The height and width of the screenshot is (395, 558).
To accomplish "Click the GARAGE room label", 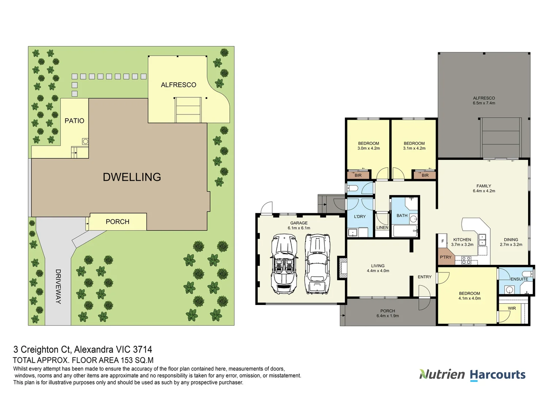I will [299, 223].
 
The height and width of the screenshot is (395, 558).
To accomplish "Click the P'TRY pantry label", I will [445, 257].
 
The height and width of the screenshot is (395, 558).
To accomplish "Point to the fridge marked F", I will [443, 241].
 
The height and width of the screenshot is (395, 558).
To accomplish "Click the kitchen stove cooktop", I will [466, 260].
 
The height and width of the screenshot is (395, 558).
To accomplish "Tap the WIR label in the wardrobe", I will [512, 308].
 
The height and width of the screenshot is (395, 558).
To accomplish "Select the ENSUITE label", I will [519, 279].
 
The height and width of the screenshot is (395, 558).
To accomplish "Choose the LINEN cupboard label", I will [382, 227].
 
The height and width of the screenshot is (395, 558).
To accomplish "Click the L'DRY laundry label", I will [360, 217].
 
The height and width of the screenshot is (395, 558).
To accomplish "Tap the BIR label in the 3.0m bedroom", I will [358, 176].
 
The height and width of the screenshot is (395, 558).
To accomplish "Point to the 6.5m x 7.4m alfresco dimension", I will [484, 103].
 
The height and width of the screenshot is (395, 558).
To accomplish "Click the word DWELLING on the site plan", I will [132, 177].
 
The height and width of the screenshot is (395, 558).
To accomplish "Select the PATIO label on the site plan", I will [74, 121].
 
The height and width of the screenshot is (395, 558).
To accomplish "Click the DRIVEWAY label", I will [58, 286].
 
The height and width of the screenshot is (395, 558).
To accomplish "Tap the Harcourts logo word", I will [497, 375].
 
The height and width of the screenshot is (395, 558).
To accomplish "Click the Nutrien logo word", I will [442, 375].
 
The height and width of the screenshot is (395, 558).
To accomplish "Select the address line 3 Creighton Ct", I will [83, 350].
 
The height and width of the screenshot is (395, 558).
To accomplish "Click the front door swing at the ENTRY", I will [424, 292].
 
